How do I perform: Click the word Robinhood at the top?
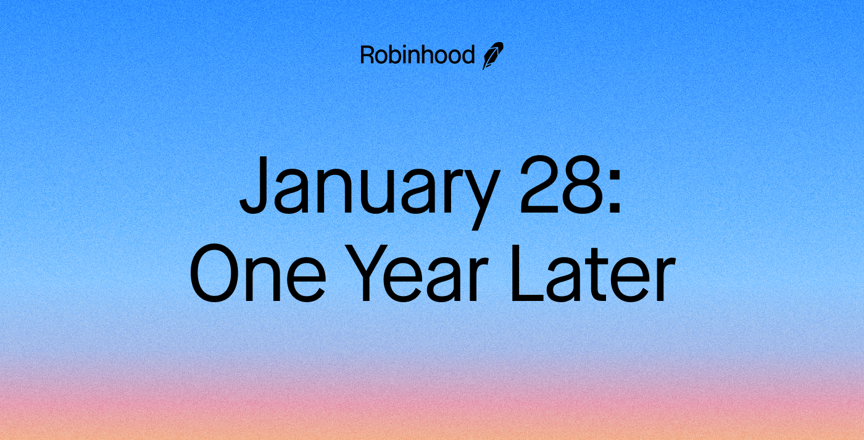(417, 56)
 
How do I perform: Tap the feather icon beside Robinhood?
(493, 56)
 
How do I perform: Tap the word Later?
(591, 274)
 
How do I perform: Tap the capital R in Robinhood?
(367, 56)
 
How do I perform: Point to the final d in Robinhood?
(468, 56)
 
